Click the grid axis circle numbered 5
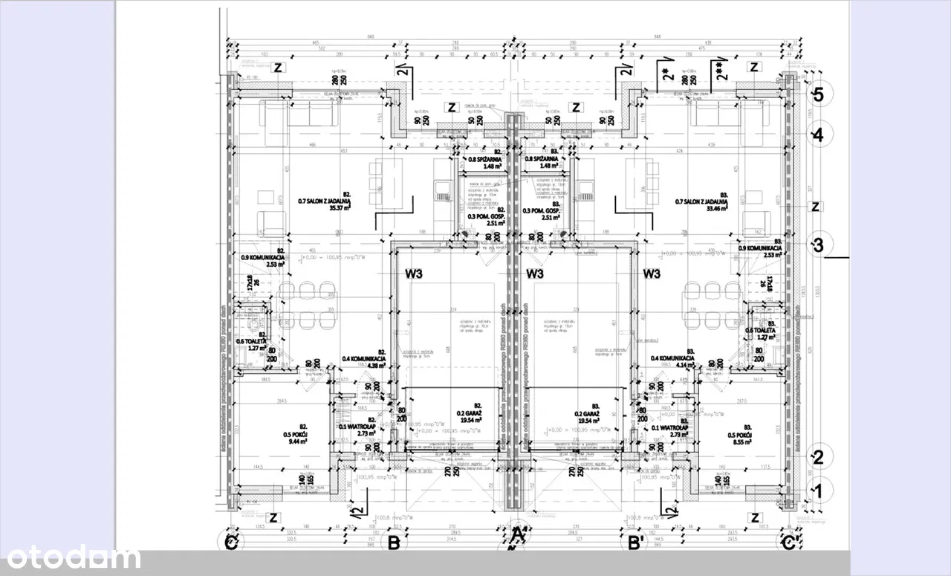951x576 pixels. (x=818, y=94)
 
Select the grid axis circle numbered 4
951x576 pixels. (x=818, y=135)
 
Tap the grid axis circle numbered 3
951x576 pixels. (x=818, y=245)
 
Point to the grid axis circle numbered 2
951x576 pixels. (x=818, y=457)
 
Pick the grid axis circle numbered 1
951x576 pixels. (x=818, y=490)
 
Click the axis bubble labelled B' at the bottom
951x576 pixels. (x=635, y=543)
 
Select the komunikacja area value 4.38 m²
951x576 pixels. (x=374, y=365)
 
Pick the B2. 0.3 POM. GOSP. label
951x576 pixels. (x=487, y=216)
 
